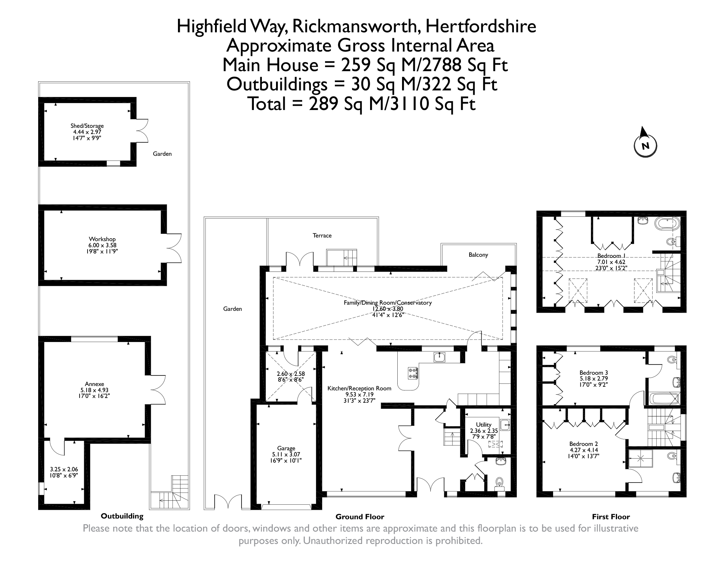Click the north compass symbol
tap(645, 146)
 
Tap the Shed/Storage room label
tap(87, 126)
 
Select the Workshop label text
tap(102, 239)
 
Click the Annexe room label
tap(94, 384)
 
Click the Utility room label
tap(483, 424)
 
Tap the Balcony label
tap(478, 255)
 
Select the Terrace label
tap(322, 235)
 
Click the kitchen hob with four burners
tap(413, 373)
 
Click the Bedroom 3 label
tap(593, 373)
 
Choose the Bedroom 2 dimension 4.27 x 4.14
tap(584, 450)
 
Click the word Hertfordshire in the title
tap(480, 27)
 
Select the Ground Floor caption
tap(360, 517)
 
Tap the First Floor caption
tap(611, 517)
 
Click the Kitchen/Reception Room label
tap(359, 388)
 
